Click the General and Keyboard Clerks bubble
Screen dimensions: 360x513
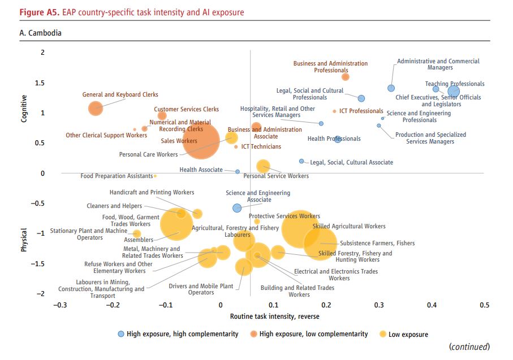point(96,107)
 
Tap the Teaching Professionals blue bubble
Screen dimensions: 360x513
point(453,92)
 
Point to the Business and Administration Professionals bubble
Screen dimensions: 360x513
point(346,77)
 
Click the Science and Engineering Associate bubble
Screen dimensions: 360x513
point(237,208)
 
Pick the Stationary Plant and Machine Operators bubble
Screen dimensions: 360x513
point(136,234)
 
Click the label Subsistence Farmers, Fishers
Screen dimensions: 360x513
point(377,244)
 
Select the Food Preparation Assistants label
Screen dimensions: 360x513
point(117,176)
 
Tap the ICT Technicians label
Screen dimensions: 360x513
point(261,147)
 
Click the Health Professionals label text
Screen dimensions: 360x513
point(334,139)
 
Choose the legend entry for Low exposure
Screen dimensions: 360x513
point(408,335)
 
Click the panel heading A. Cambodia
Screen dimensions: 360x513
point(40,33)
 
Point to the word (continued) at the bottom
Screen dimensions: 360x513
point(469,346)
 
